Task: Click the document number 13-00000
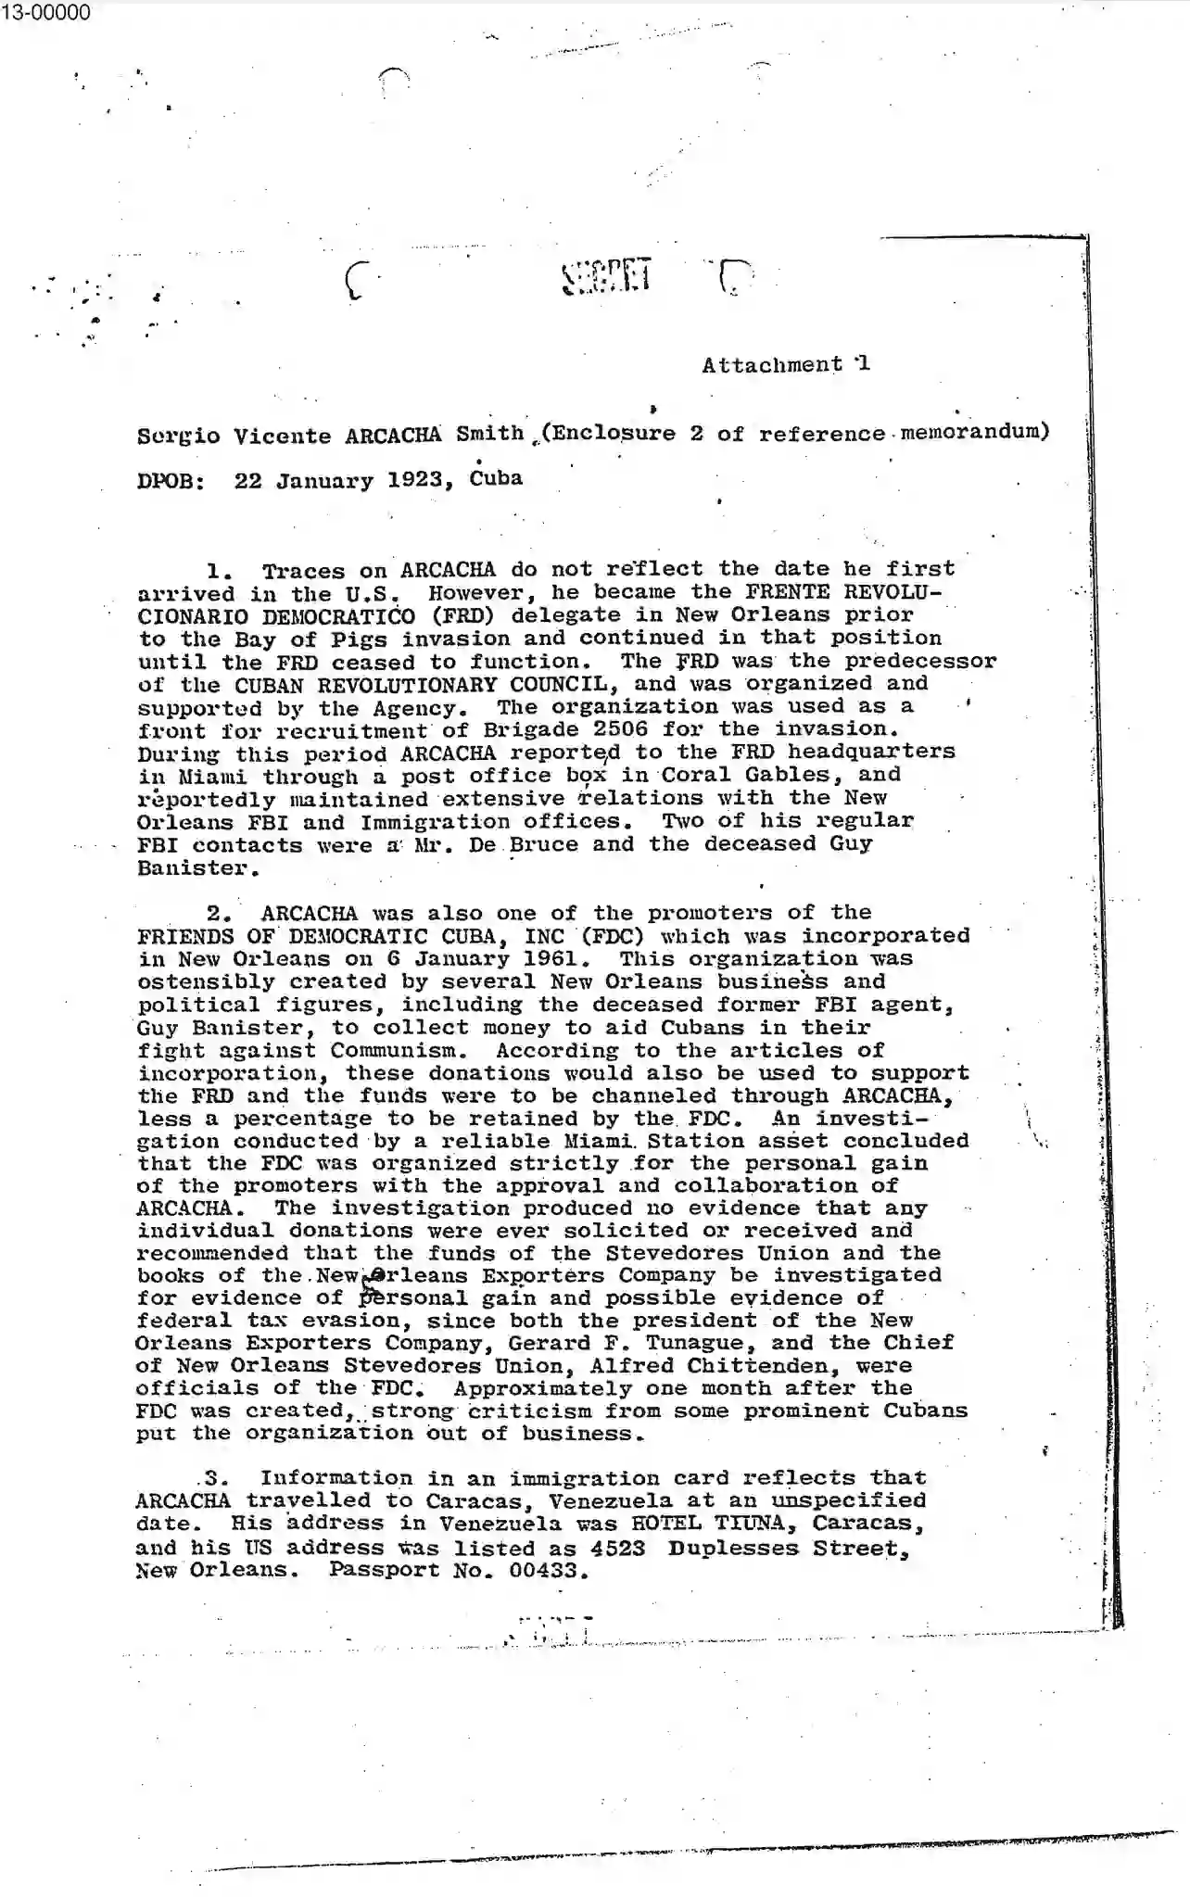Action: click(45, 12)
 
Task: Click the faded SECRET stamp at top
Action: click(607, 275)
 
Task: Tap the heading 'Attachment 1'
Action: click(785, 364)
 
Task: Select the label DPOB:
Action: click(171, 482)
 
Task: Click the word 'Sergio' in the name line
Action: click(178, 436)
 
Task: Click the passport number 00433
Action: click(550, 1571)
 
